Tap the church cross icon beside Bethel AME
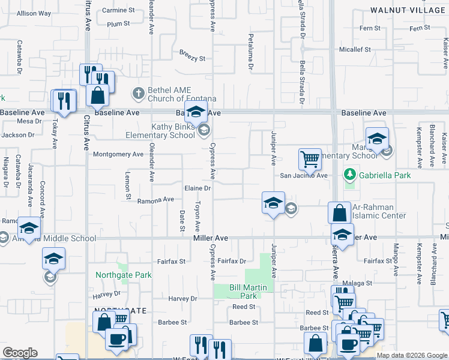pyautogui.click(x=138, y=93)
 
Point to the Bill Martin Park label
pyautogui.click(x=243, y=292)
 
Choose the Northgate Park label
pyautogui.click(x=124, y=275)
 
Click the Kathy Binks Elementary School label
pyautogui.click(x=155, y=131)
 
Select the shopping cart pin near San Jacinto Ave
pyautogui.click(x=310, y=160)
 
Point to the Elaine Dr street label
pyautogui.click(x=197, y=188)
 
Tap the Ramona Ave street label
pyautogui.click(x=155, y=200)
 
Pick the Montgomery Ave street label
pyautogui.click(x=118, y=154)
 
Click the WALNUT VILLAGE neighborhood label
pyautogui.click(x=408, y=10)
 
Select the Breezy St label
pyautogui.click(x=192, y=59)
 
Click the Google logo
pyautogui.click(x=20, y=352)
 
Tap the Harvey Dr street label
pyautogui.click(x=183, y=299)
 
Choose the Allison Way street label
pyautogui.click(x=34, y=13)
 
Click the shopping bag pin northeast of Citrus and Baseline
pyautogui.click(x=97, y=95)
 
